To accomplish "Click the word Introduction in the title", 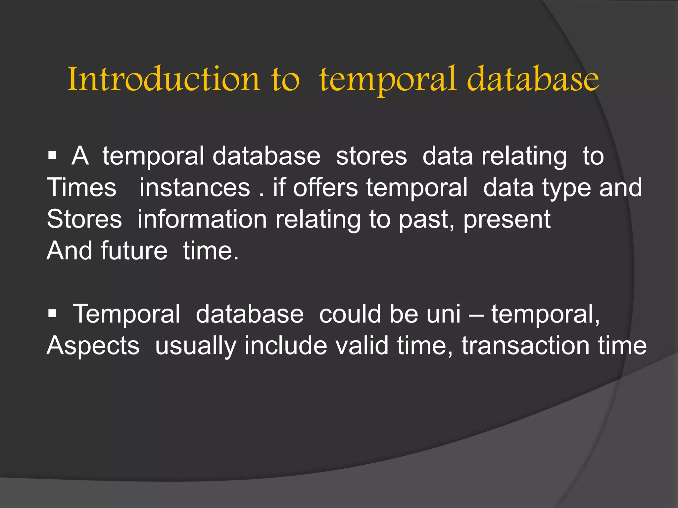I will [164, 79].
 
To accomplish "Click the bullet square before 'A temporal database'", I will [52, 155].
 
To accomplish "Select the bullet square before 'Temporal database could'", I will [52, 313].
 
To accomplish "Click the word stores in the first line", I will [371, 156].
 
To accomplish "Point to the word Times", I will [81, 188].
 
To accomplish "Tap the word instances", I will [194, 188].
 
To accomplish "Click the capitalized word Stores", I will [84, 219].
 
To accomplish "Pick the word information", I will [202, 219].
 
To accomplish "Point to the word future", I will [134, 251].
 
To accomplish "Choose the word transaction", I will [525, 345].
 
